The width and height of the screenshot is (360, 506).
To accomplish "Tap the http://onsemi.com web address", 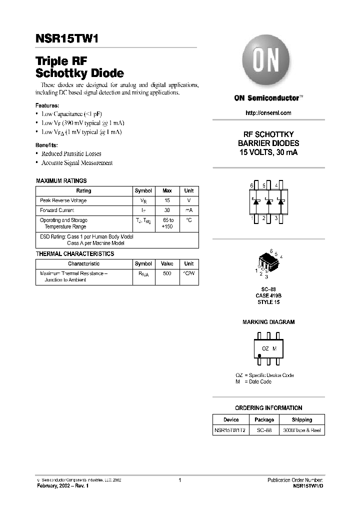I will coord(268,113).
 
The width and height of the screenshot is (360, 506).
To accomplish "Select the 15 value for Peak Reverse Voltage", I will coord(167,200).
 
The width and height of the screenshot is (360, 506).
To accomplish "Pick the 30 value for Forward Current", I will coord(167,210).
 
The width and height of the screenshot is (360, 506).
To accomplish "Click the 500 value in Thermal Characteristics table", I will coord(167,273).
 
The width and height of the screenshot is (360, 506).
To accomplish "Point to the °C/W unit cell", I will coord(188,273).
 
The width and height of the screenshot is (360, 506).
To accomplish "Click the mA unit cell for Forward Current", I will coord(188,210).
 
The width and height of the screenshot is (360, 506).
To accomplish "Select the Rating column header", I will coord(83,191).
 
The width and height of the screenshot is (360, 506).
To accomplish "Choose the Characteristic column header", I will coord(83,263).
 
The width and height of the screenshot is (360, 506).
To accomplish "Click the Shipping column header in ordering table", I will coord(301,420).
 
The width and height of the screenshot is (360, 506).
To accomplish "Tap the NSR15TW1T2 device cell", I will coord(231,430).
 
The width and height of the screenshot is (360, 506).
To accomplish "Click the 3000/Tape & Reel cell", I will coord(301,430).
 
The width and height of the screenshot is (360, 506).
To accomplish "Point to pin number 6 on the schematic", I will coord(252,185).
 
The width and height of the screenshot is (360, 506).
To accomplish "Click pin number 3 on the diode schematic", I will coord(276,218).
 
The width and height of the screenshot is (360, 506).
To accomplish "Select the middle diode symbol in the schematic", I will coord(268,202).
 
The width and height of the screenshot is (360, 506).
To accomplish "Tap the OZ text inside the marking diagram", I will coord(265,348).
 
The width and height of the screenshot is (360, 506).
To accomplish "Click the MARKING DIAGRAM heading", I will coord(268,322).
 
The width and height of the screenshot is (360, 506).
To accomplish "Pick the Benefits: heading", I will coord(47,145).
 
